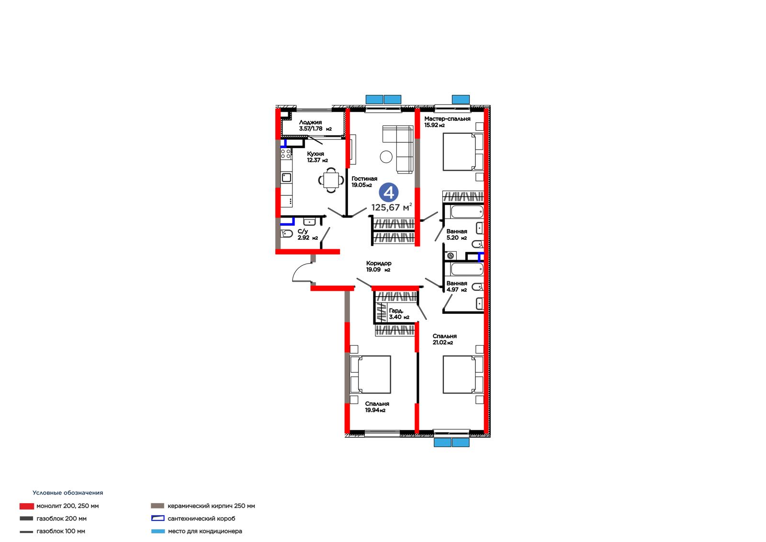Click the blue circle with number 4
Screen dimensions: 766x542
coord(388,193)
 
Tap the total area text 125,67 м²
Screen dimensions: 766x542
coord(392,207)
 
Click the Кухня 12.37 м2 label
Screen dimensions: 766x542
coord(317,157)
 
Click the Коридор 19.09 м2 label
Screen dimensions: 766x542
coord(379,266)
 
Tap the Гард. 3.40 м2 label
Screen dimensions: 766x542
coord(399,313)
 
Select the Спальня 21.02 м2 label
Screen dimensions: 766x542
coord(444,339)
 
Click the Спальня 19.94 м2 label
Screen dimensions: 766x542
coord(377,407)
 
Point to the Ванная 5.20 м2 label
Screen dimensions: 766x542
coord(457,234)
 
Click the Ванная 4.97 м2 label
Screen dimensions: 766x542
coord(457,286)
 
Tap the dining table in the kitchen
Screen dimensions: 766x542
coord(331,180)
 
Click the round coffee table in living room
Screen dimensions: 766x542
coord(386,157)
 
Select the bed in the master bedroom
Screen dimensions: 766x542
coord(463,152)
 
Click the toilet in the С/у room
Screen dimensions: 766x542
coord(287,234)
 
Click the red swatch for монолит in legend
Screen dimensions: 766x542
coord(27,506)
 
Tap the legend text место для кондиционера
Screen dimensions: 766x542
coord(204,531)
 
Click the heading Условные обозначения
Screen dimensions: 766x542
coord(68,493)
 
